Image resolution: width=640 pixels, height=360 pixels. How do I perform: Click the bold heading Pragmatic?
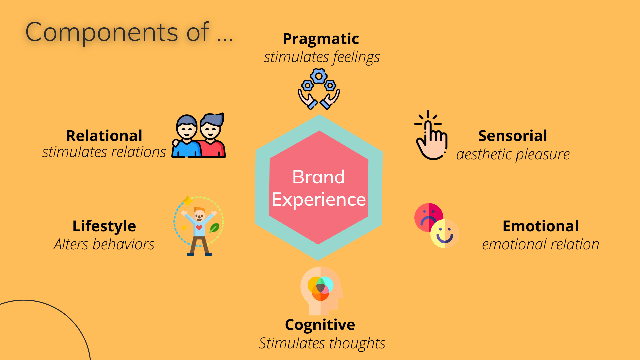tap(321, 39)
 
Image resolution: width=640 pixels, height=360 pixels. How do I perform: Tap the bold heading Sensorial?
tap(513, 136)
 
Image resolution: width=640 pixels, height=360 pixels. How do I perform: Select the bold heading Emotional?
tap(541, 226)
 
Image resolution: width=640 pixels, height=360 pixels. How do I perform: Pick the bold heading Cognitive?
tap(320, 325)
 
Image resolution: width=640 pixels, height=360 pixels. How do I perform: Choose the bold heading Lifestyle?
tap(104, 226)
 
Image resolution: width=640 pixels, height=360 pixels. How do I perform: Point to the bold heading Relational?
tap(104, 136)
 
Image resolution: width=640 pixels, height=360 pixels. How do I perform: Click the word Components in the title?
tap(102, 33)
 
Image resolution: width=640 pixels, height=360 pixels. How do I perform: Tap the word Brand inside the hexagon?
tap(319, 177)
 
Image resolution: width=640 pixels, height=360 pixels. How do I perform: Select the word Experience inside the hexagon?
tap(319, 200)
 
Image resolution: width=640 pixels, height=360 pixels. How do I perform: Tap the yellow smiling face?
tap(445, 234)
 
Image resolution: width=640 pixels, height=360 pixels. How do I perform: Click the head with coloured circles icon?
tap(322, 291)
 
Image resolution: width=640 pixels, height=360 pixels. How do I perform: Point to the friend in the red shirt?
tap(212, 137)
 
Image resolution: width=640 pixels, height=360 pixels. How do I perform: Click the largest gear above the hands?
tap(319, 77)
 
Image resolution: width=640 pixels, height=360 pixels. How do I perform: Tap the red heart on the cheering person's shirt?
tap(199, 228)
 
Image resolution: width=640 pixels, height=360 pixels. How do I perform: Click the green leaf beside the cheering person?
tap(214, 228)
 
